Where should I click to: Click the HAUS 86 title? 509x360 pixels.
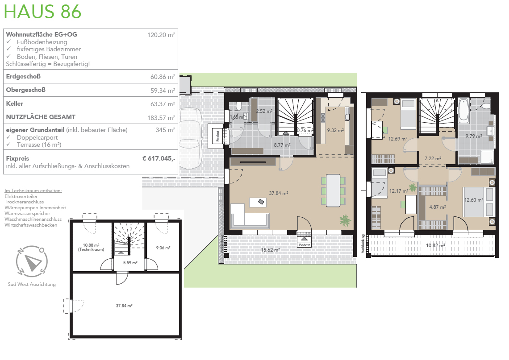click(x=42, y=12)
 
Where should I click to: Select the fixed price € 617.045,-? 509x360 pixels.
click(x=159, y=159)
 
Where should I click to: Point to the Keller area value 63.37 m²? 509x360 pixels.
click(x=163, y=104)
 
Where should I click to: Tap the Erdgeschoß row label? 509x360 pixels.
click(x=23, y=77)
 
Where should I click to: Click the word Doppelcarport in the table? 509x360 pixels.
click(x=38, y=137)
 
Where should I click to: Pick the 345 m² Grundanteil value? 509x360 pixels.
click(x=165, y=130)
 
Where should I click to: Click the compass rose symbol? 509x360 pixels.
click(x=32, y=261)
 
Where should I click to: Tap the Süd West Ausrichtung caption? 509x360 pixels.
click(x=32, y=285)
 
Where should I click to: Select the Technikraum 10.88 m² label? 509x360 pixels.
click(x=91, y=248)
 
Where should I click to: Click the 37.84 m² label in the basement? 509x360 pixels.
click(x=124, y=306)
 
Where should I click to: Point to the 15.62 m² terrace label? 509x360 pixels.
click(x=271, y=250)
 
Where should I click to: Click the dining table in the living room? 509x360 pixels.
click(x=333, y=190)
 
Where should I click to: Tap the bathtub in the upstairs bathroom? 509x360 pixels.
click(x=463, y=111)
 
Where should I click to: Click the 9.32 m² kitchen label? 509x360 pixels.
click(x=335, y=130)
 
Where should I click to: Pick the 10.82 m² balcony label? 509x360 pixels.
click(x=435, y=245)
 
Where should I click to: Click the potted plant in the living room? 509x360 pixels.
click(x=345, y=220)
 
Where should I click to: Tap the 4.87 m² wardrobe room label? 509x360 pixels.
click(x=437, y=207)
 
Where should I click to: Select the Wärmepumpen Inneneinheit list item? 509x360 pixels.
click(x=35, y=207)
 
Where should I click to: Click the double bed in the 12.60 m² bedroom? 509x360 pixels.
click(x=479, y=202)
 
